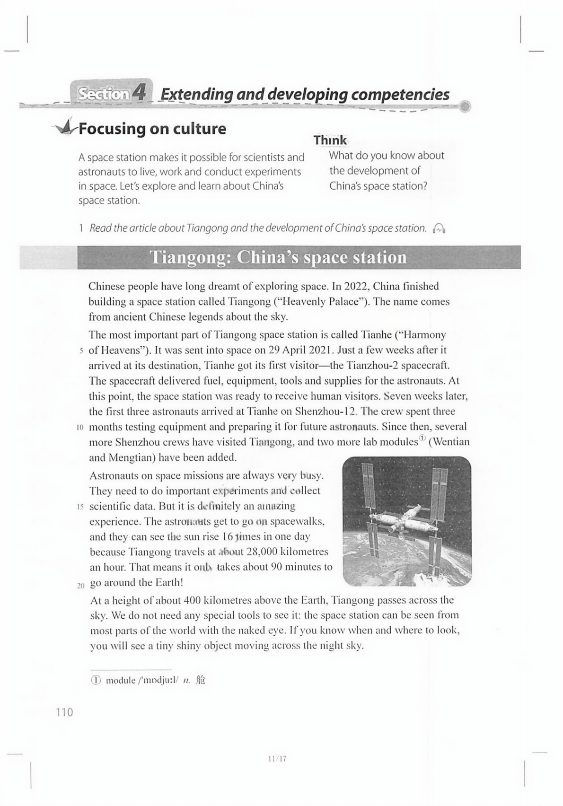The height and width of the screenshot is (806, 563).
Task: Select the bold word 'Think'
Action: pos(330,140)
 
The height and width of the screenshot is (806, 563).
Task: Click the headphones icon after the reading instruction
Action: pos(440,228)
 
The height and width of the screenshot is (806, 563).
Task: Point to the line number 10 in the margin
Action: pos(79,428)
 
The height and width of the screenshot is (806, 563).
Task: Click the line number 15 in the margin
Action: pos(79,507)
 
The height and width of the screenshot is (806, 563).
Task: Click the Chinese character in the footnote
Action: pos(201,680)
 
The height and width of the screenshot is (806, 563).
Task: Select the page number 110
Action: pos(64,712)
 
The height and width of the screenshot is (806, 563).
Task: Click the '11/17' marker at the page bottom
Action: pos(277,759)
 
